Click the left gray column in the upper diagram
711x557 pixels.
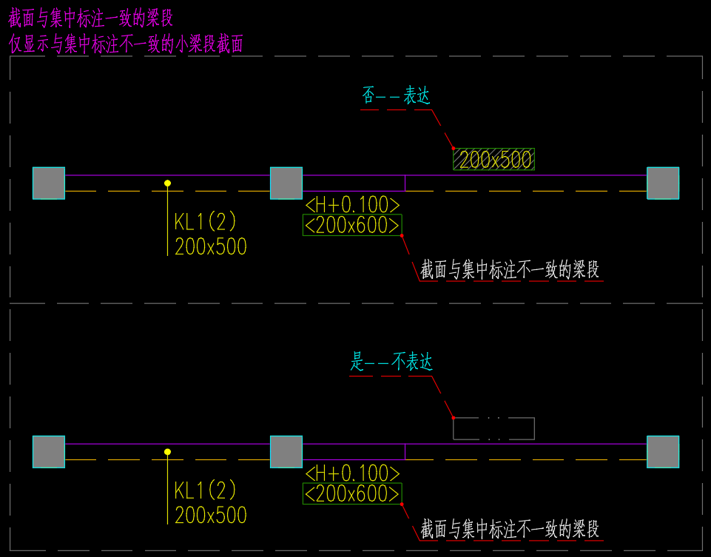click(49, 183)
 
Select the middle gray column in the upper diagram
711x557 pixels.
click(286, 183)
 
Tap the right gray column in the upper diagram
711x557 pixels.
click(663, 183)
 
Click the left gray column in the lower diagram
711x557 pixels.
click(49, 452)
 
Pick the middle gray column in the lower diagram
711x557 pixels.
click(286, 452)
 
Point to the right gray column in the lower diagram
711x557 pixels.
click(663, 452)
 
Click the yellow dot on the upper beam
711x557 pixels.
click(168, 183)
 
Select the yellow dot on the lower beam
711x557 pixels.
click(168, 451)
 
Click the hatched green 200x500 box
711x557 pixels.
click(493, 159)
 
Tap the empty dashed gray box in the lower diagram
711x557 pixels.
click(493, 429)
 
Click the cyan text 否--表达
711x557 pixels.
click(396, 96)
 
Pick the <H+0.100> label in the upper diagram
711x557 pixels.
click(352, 205)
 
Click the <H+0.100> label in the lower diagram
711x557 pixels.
click(352, 473)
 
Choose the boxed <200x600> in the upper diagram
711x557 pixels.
click(352, 225)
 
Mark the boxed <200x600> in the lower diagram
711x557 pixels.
click(352, 493)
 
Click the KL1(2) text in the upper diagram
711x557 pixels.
click(205, 222)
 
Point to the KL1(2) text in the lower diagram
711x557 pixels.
click(205, 490)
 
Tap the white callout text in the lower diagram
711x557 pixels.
click(510, 530)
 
